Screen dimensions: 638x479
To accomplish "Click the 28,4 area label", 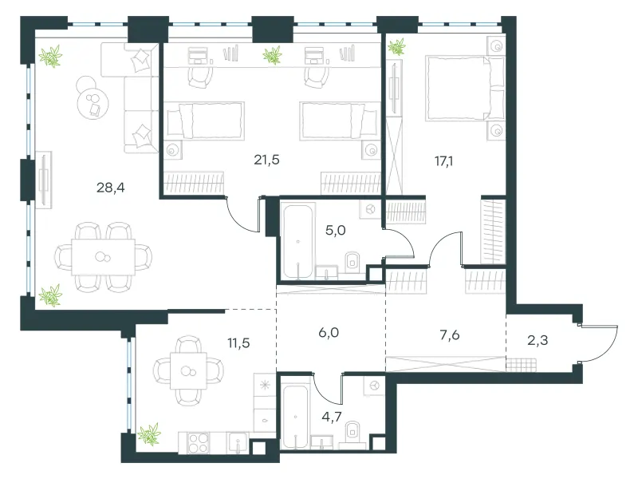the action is [x=110, y=188].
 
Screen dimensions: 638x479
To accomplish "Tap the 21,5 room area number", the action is [x=266, y=160].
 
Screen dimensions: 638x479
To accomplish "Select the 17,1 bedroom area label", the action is [x=443, y=161].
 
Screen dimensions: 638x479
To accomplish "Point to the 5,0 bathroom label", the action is [x=335, y=231].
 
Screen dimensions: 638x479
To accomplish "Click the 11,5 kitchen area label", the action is [x=238, y=343].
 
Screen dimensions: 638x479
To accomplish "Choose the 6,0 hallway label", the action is [x=329, y=333].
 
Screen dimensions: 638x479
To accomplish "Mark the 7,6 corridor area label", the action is [x=450, y=335].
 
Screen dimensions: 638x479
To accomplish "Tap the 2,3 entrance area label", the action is [x=538, y=340].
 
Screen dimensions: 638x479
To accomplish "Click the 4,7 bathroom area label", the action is [x=332, y=417].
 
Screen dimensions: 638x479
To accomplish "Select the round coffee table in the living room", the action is [x=93, y=103].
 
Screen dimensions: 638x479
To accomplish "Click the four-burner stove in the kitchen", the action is [x=198, y=442].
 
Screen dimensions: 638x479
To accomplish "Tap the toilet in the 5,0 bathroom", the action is [x=352, y=261].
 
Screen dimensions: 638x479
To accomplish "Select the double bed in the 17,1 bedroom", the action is [x=465, y=89].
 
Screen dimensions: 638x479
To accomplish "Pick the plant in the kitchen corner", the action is [x=149, y=434].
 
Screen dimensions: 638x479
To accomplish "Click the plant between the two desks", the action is [x=272, y=55].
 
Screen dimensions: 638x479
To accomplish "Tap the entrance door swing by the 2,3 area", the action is [x=601, y=343].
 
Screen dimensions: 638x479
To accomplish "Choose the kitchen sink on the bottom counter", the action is [x=238, y=442].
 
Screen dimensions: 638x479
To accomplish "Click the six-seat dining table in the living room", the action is [x=103, y=257].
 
